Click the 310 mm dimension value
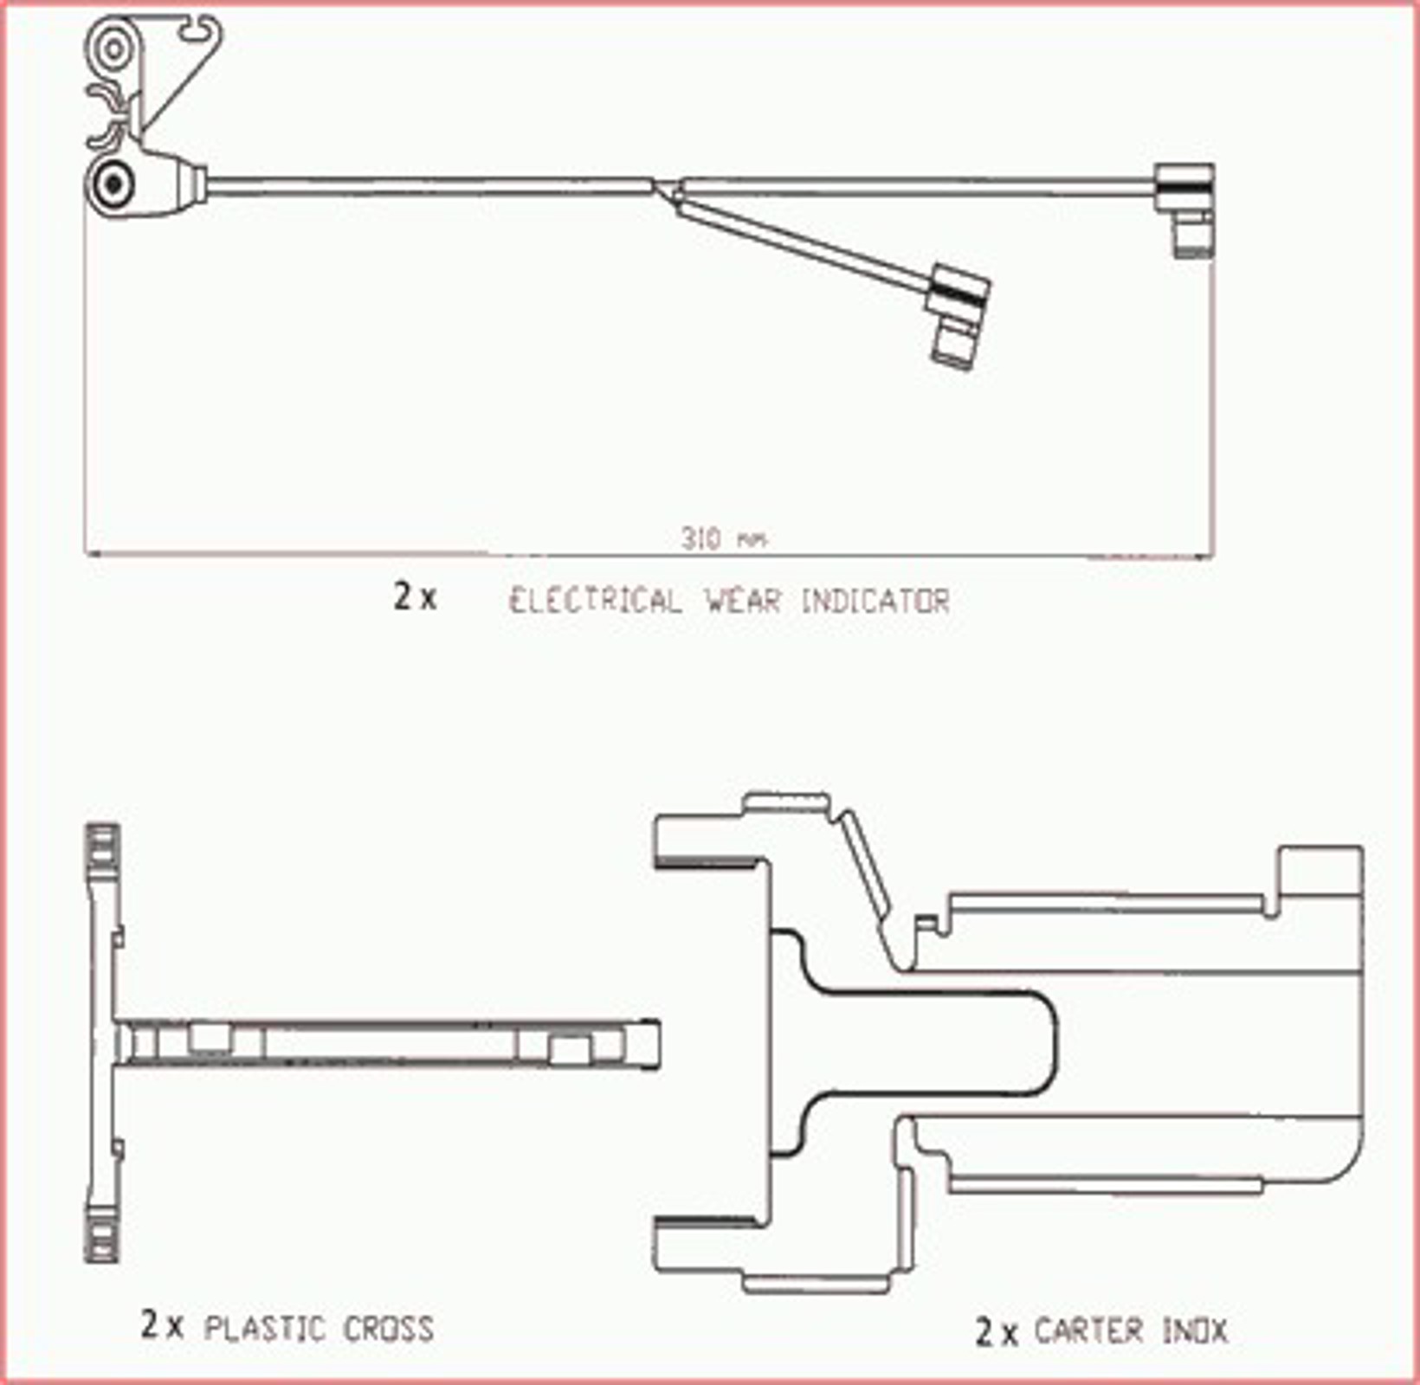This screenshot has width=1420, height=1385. [x=723, y=538]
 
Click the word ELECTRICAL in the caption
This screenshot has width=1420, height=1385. [x=595, y=600]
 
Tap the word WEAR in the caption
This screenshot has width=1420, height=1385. [x=743, y=600]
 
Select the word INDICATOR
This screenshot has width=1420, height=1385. [x=875, y=600]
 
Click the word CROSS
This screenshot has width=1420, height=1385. [x=389, y=1328]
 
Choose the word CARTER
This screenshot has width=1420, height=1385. [x=1088, y=1330]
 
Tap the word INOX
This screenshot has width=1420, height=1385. [x=1195, y=1330]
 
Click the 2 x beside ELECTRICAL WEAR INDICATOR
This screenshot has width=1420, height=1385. [x=415, y=596]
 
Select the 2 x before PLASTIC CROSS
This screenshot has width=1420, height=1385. [x=162, y=1324]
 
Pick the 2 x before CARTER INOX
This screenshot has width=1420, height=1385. [x=997, y=1331]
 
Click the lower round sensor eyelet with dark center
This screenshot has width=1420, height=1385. [x=113, y=184]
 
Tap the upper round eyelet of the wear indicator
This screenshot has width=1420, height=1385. [x=113, y=49]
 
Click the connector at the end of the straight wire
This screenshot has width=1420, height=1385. [x=1186, y=209]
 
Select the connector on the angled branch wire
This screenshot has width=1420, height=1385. [x=958, y=312]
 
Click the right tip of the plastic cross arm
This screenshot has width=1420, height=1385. [x=657, y=1045]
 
